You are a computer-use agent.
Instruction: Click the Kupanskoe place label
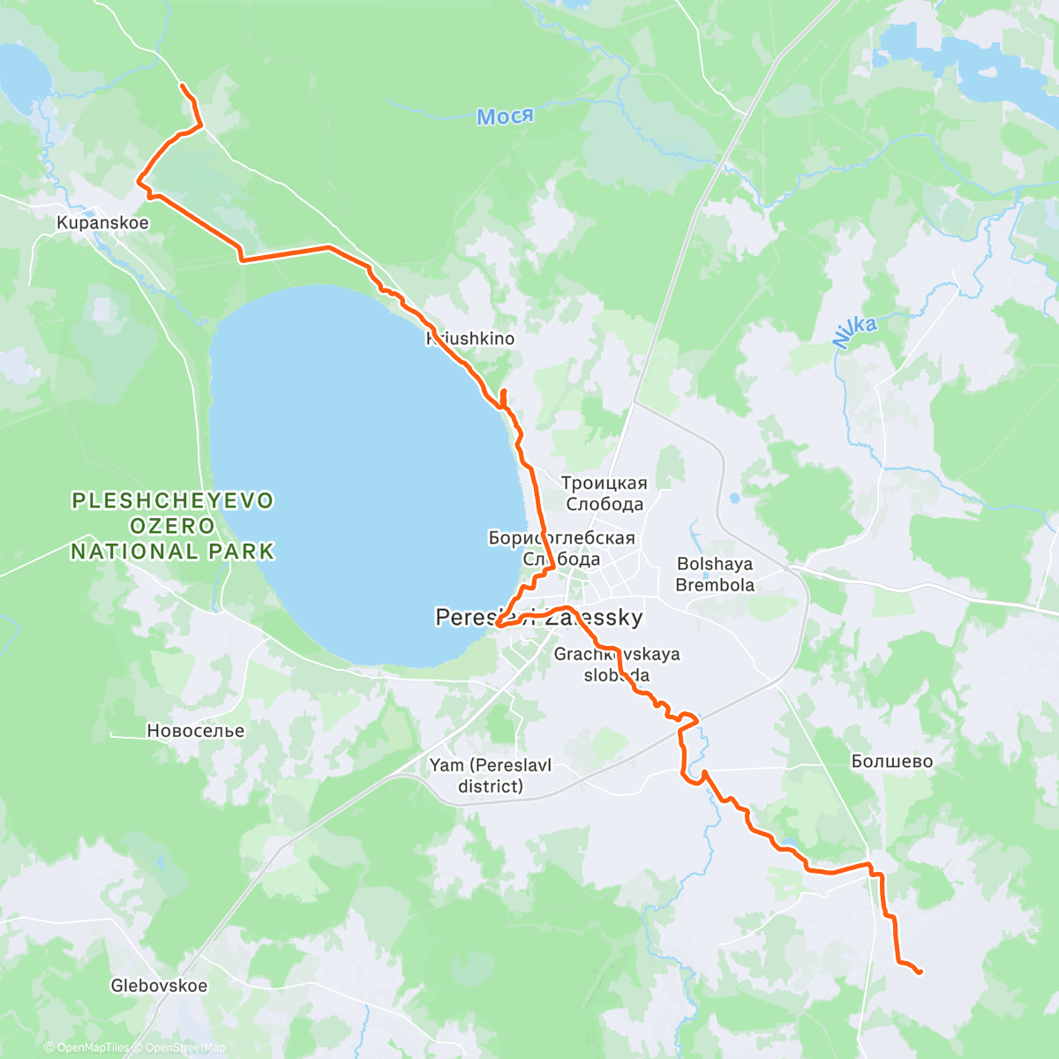tap(102, 223)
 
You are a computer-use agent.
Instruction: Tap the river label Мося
tap(505, 116)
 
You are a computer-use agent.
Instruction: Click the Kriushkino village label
tap(470, 339)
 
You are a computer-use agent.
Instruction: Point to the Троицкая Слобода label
tap(605, 494)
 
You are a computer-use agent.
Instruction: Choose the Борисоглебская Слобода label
tap(561, 548)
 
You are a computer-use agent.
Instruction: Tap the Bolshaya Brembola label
tap(715, 575)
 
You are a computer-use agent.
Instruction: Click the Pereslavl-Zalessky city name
tap(539, 618)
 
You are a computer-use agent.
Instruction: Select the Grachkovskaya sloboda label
tap(617, 665)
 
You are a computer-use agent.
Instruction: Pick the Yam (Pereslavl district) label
tap(491, 776)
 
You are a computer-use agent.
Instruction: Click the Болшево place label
tap(892, 762)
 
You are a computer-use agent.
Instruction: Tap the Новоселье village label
tap(196, 731)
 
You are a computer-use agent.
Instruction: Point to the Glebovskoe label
tap(159, 986)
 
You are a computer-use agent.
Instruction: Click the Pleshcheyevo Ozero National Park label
tap(173, 526)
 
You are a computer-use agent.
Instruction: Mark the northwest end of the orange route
tap(182, 85)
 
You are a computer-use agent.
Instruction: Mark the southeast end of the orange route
tap(920, 973)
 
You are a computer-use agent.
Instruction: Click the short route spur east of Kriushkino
tap(503, 396)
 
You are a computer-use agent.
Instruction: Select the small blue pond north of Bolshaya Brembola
tap(733, 499)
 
